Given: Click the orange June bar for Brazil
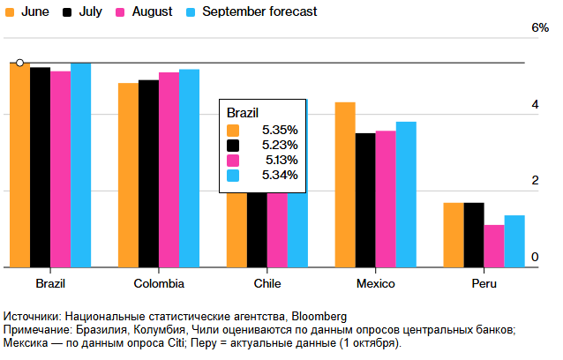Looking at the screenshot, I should pyautogui.click(x=19, y=168).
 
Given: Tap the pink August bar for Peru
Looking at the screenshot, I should pyautogui.click(x=494, y=246).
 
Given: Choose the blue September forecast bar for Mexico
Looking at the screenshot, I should pyautogui.click(x=406, y=194).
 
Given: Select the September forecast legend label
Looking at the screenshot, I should pyautogui.click(x=259, y=12).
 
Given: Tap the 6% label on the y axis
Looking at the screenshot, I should pyautogui.click(x=539, y=28).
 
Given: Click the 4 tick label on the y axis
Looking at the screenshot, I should pyautogui.click(x=534, y=105).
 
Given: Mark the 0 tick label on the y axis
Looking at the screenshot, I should pyautogui.click(x=534, y=257).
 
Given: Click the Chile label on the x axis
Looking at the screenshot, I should pyautogui.click(x=266, y=284).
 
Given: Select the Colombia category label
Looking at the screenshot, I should pyautogui.click(x=159, y=284).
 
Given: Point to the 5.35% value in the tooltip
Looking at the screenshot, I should pyautogui.click(x=280, y=130).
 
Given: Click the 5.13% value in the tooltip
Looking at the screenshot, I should pyautogui.click(x=281, y=160).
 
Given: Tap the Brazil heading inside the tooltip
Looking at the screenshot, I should pyautogui.click(x=243, y=113).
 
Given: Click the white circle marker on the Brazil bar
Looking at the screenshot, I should pyautogui.click(x=19, y=63).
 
